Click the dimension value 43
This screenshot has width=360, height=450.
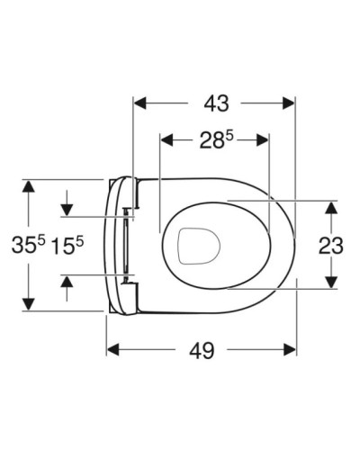coord(214,104)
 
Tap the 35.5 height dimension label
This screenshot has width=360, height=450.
coord(28,243)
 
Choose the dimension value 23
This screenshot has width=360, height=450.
coord(331,243)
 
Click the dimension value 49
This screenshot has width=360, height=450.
coord(202,350)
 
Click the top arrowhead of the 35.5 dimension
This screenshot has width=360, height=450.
coord(29,187)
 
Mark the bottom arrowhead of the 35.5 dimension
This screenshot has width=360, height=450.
coord(29,301)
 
